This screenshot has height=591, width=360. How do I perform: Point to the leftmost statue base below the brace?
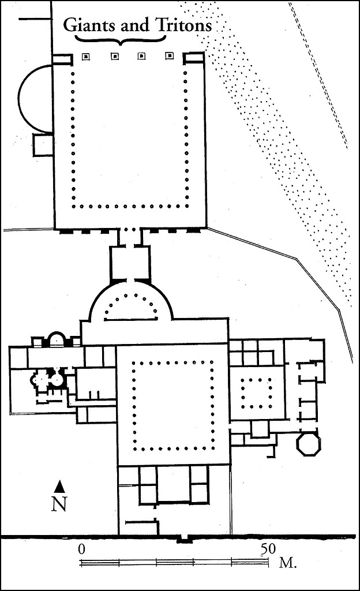(x=86, y=57)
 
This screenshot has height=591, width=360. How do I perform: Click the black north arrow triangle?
(x=59, y=487)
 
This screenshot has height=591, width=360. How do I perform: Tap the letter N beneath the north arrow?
(x=59, y=503)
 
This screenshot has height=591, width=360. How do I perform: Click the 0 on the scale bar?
(x=81, y=549)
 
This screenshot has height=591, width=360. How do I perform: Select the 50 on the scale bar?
(x=268, y=549)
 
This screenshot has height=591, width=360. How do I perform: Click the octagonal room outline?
(x=309, y=445)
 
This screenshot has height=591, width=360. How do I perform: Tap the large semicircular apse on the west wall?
(x=35, y=99)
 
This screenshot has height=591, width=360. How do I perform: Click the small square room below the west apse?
(x=43, y=145)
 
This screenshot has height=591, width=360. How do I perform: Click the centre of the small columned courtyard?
(x=257, y=393)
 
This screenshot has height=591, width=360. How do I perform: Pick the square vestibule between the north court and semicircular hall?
(x=130, y=263)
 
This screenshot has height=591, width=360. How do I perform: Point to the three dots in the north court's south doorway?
(x=130, y=230)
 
